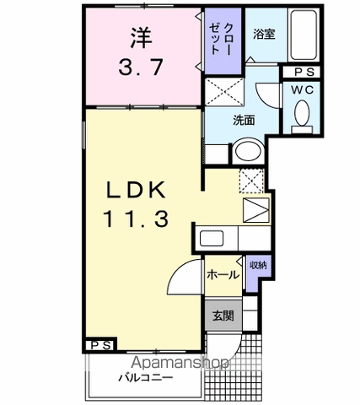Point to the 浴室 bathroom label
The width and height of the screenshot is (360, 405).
click(x=263, y=35)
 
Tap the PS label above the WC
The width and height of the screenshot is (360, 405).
click(x=304, y=73)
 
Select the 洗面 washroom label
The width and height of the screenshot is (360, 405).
click(x=244, y=120)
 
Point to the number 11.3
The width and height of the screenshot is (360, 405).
click(x=137, y=219)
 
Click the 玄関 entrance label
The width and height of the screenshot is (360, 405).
click(x=223, y=316)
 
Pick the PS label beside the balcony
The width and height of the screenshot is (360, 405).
click(x=98, y=346)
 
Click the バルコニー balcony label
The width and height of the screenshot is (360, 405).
click(x=145, y=376)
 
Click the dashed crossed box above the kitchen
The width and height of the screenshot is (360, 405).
click(x=252, y=180)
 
